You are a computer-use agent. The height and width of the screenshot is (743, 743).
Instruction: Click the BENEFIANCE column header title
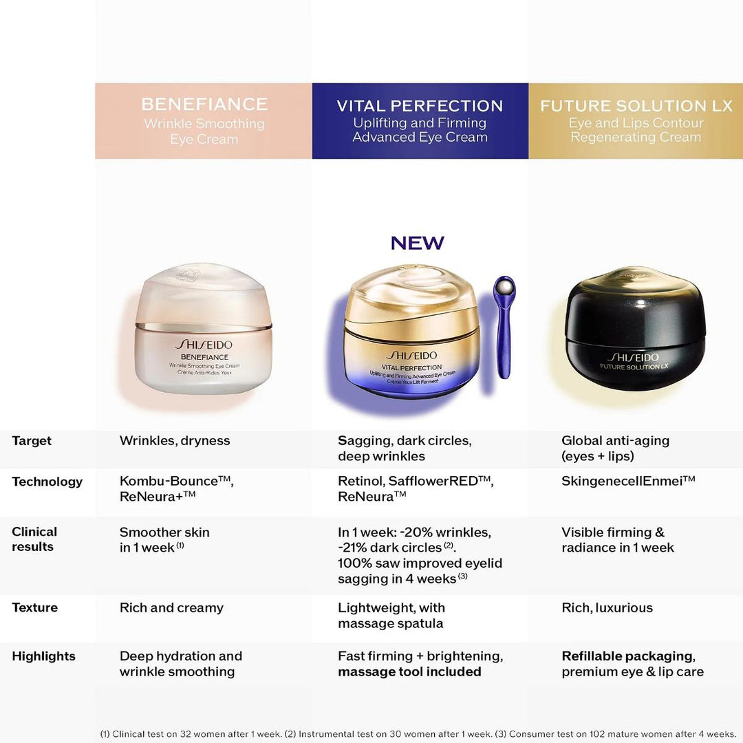point(204,104)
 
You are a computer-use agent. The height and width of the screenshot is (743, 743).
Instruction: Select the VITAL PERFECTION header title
point(420,106)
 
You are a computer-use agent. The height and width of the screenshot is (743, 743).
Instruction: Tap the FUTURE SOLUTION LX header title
point(636,106)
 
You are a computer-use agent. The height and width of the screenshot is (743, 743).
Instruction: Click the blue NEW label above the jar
point(418,243)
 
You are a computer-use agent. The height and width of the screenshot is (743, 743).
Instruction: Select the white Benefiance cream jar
point(204,330)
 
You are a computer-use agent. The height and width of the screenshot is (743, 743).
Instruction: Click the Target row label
point(32,441)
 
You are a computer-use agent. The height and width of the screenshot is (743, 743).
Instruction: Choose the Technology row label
point(47,482)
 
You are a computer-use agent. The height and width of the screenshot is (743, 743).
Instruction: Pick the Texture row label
point(34,607)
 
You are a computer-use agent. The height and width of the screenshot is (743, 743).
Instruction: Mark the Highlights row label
point(43,656)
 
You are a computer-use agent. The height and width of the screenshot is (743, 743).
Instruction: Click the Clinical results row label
point(34,539)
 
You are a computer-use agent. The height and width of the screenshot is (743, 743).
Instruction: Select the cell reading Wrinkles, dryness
point(175,441)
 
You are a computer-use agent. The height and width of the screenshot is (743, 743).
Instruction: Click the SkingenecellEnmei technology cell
point(628,481)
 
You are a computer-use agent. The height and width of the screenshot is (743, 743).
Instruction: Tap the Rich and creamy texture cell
point(171,608)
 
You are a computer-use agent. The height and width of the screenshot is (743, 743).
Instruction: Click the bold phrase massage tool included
point(409,672)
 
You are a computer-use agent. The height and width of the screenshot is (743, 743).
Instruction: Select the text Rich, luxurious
point(607,608)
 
